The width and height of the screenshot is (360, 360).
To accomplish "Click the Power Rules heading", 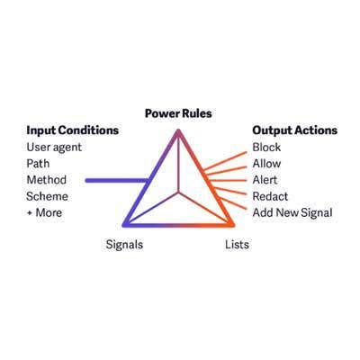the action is coord(178,113).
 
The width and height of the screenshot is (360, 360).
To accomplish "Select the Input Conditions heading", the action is coord(73,130).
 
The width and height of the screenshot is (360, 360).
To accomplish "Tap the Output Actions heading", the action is coord(295,130).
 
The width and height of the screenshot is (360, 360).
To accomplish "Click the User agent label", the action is coord(54,148).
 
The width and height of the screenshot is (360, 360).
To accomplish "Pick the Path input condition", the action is coord(38,164).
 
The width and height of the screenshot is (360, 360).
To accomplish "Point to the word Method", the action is coord(47,180).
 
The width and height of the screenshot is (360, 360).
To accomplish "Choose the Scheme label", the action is coord(47,196).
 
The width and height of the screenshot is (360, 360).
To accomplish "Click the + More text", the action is coord(44,212).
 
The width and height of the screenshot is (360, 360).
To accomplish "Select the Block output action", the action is coord(266,147).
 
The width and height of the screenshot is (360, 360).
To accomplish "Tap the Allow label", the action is coord(266,164).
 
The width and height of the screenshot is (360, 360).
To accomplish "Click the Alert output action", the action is coord(265,180).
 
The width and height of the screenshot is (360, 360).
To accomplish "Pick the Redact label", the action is coord(270,196).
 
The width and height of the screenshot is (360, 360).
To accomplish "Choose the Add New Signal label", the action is coord(292,212).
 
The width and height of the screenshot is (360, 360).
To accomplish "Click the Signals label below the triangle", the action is coord(124,245).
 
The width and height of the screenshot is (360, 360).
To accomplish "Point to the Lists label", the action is coord(237,245).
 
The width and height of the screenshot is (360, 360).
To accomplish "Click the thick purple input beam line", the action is coord(117,180).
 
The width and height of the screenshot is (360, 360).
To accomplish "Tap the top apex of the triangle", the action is coord(178,130).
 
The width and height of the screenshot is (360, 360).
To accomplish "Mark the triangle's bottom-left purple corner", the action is coord(124,224).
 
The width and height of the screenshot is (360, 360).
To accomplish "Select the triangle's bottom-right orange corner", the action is coord(232,224).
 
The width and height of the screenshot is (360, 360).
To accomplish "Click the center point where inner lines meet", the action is coord(179,193).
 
